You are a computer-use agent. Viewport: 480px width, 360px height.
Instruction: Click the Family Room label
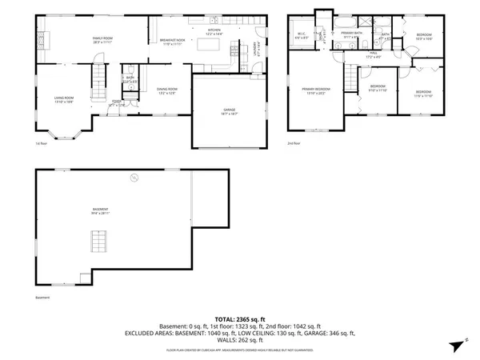(x=102, y=40)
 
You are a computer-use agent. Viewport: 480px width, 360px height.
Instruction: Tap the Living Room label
(x=63, y=100)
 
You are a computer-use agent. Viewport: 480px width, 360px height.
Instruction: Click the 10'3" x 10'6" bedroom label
(x=424, y=37)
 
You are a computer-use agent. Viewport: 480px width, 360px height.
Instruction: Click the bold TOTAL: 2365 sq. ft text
(x=240, y=319)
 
